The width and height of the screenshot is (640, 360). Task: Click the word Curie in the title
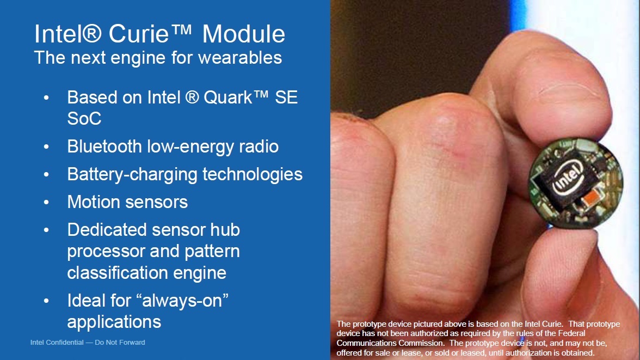pyautogui.click(x=139, y=34)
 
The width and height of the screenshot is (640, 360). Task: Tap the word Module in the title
pyautogui.click(x=244, y=34)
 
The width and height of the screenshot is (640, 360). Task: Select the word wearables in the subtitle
pyautogui.click(x=240, y=58)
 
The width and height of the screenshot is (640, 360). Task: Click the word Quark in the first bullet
pyautogui.click(x=228, y=97)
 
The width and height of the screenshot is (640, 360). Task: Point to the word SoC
pyautogui.click(x=84, y=119)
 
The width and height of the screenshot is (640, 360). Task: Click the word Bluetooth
pyautogui.click(x=104, y=147)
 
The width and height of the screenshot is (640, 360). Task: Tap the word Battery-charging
pyautogui.click(x=132, y=175)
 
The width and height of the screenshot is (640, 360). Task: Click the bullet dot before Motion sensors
pyautogui.click(x=46, y=202)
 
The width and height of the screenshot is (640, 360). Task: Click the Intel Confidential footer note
pyautogui.click(x=88, y=343)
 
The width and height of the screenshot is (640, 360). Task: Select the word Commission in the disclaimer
pyautogui.click(x=423, y=343)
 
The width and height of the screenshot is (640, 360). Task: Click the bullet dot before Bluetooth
pyautogui.click(x=46, y=147)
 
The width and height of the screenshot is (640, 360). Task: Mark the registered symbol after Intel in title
pyautogui.click(x=92, y=33)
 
